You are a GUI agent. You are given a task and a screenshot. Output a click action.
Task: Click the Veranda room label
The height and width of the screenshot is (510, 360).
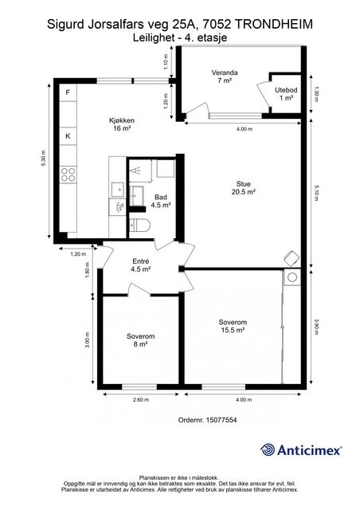point(225,76)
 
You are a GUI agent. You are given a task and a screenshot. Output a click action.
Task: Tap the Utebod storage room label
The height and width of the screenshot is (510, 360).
point(286,94)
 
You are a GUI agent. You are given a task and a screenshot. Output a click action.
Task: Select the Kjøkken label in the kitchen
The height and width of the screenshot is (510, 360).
point(122,124)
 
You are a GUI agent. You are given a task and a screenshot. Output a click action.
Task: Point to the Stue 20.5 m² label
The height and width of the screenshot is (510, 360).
point(243,188)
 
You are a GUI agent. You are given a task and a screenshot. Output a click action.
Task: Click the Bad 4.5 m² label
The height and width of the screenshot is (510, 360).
point(161,201)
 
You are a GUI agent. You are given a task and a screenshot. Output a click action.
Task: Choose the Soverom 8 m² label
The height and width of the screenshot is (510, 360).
point(140,340)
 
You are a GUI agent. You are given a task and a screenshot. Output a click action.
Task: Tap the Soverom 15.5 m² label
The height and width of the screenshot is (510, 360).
point(233,326)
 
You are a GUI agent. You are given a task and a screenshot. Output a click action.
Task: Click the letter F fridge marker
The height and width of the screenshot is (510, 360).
point(68,92)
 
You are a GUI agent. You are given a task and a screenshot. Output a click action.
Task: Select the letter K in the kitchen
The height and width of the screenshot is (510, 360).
point(68,136)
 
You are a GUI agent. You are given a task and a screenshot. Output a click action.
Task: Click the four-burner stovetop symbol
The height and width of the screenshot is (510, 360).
point(68,175)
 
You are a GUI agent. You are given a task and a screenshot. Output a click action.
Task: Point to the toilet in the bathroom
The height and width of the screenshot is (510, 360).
point(140,225)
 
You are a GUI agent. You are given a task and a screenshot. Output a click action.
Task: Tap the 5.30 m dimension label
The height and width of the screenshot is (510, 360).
point(43,159)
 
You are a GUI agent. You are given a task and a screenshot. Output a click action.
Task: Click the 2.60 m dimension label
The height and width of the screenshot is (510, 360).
point(141,400)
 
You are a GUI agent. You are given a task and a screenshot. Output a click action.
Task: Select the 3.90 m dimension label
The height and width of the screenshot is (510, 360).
point(317,327)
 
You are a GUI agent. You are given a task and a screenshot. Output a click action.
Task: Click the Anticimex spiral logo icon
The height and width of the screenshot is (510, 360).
point(268,449)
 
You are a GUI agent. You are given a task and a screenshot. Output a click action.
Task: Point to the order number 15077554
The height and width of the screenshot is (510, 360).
point(221,420)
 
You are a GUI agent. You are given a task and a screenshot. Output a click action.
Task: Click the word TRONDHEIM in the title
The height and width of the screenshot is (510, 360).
point(273,25)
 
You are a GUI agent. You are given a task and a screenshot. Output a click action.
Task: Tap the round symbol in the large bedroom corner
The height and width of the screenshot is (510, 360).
point(292,277)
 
